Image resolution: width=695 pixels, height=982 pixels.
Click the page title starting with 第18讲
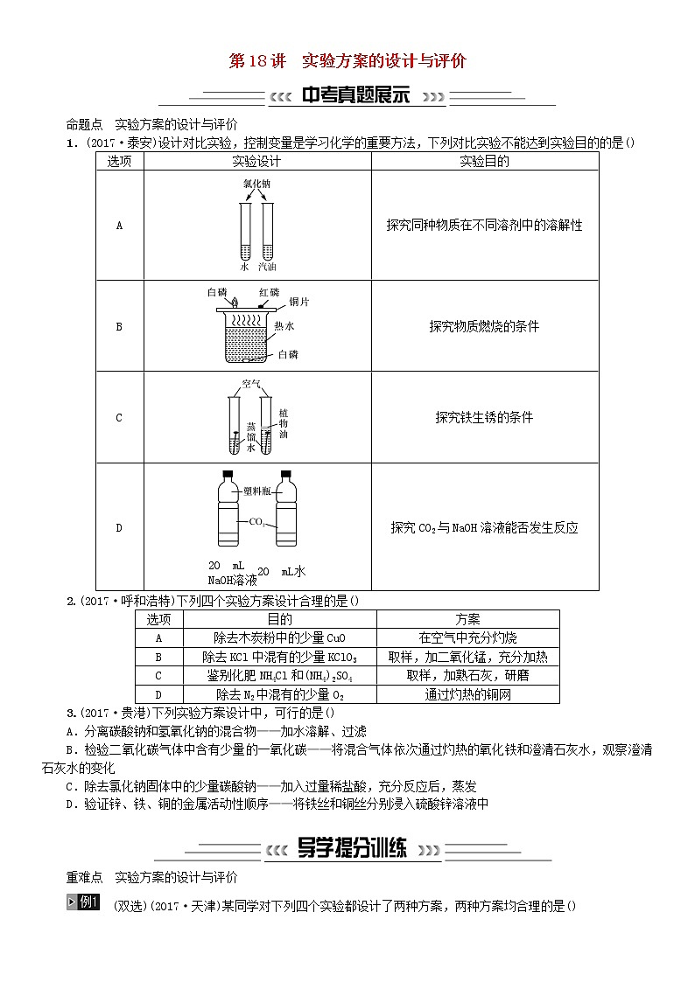(x=347, y=61)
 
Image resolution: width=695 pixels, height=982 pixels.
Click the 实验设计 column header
(x=256, y=161)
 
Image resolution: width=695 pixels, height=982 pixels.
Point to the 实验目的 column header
(x=484, y=161)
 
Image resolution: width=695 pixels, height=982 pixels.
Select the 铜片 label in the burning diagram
(x=298, y=302)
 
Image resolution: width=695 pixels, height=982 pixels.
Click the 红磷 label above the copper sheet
(x=269, y=291)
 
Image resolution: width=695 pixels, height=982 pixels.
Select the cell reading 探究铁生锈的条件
(x=484, y=417)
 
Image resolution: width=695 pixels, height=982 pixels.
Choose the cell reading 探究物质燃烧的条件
(x=484, y=326)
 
